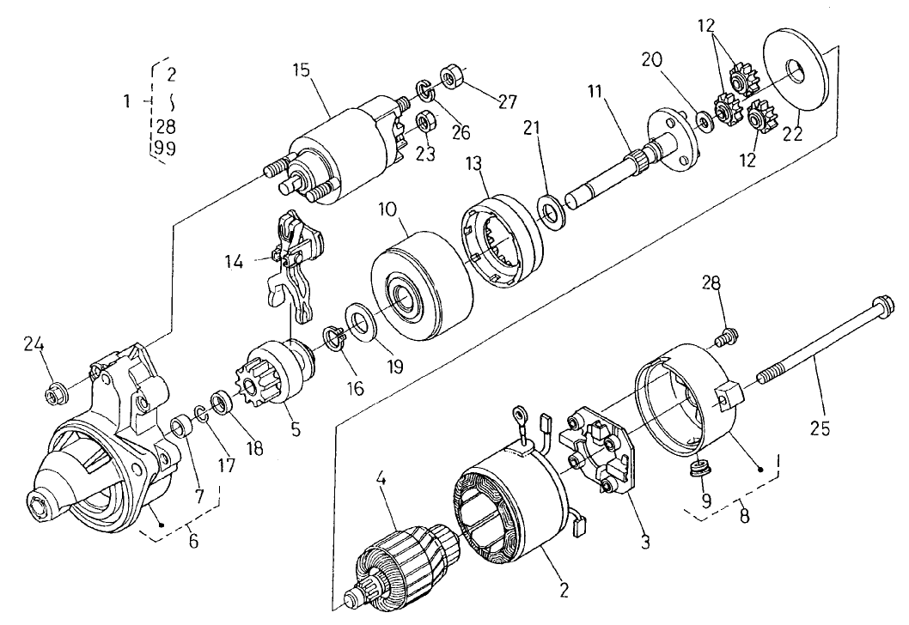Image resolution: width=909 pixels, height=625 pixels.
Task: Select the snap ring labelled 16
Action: click(x=335, y=337)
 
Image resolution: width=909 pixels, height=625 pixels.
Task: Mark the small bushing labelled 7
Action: click(x=181, y=426)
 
